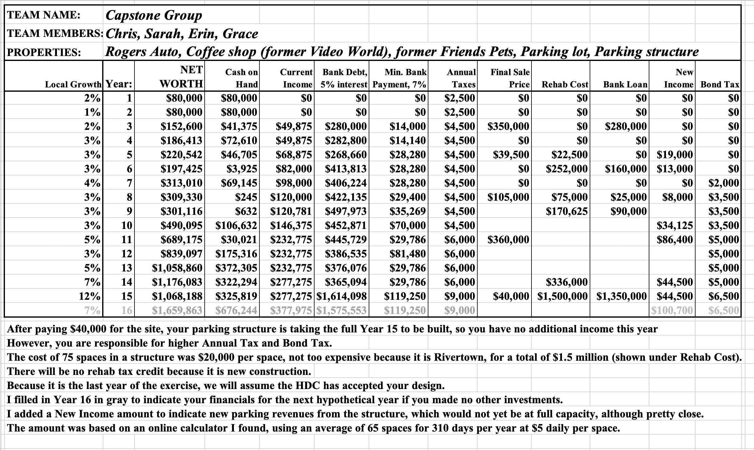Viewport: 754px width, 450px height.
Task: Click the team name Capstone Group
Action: click(x=154, y=15)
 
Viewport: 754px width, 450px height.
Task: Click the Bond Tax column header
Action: click(x=720, y=84)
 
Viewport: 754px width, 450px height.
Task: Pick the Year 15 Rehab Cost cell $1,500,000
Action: click(x=563, y=296)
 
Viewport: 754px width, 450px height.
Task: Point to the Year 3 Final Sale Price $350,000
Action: click(x=508, y=127)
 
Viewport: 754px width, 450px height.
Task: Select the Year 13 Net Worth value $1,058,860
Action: click(x=178, y=268)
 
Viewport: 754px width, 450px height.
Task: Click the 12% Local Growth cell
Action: click(x=90, y=296)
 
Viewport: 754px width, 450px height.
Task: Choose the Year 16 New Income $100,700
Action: click(x=672, y=311)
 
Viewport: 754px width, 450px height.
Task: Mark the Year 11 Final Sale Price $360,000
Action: click(x=508, y=239)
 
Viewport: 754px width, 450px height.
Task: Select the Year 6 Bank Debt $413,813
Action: click(x=346, y=169)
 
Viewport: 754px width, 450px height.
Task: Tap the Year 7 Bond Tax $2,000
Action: click(x=724, y=183)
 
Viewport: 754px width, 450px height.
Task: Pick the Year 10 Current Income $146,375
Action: click(x=291, y=225)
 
